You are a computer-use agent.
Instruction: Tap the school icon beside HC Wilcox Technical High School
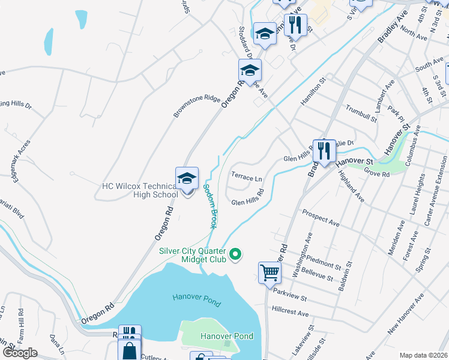click(187, 178)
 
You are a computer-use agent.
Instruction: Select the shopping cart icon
click(270, 273)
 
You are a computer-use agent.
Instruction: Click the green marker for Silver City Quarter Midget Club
click(236, 255)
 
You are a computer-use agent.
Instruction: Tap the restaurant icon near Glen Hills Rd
click(324, 151)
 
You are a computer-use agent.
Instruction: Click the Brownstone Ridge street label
click(197, 105)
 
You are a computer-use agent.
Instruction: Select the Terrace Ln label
click(246, 178)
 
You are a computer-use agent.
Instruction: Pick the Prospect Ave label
click(321, 218)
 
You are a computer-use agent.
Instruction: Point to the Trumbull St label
click(361, 113)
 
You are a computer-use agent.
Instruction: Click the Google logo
click(20, 353)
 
